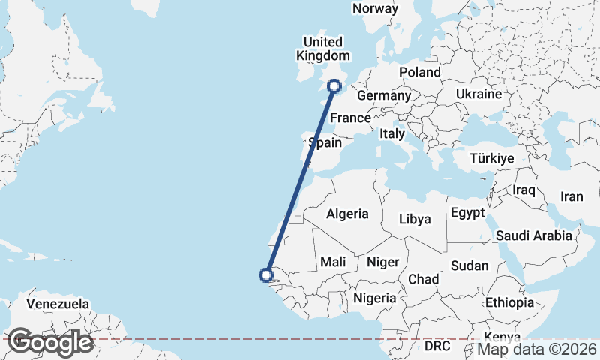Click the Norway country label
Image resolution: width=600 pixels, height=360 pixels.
(375, 8)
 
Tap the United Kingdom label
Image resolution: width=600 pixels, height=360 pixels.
(323, 49)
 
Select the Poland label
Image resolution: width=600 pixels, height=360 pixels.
(420, 72)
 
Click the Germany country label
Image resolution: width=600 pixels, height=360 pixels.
(384, 96)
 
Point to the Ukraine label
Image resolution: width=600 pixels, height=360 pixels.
(478, 94)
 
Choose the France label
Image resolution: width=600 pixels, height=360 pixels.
(351, 118)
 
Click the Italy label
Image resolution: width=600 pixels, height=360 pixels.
(391, 134)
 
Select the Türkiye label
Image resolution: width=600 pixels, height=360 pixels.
(491, 158)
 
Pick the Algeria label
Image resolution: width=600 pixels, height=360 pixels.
(347, 214)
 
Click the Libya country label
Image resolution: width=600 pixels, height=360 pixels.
(415, 220)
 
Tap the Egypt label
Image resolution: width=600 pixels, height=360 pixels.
(467, 213)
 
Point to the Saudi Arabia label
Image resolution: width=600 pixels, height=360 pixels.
(535, 235)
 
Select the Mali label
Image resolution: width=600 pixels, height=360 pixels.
(332, 262)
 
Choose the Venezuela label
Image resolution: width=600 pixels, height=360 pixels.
(58, 304)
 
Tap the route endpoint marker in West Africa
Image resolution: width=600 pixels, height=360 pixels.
(265, 274)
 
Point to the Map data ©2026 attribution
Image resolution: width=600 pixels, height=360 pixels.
(537, 349)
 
